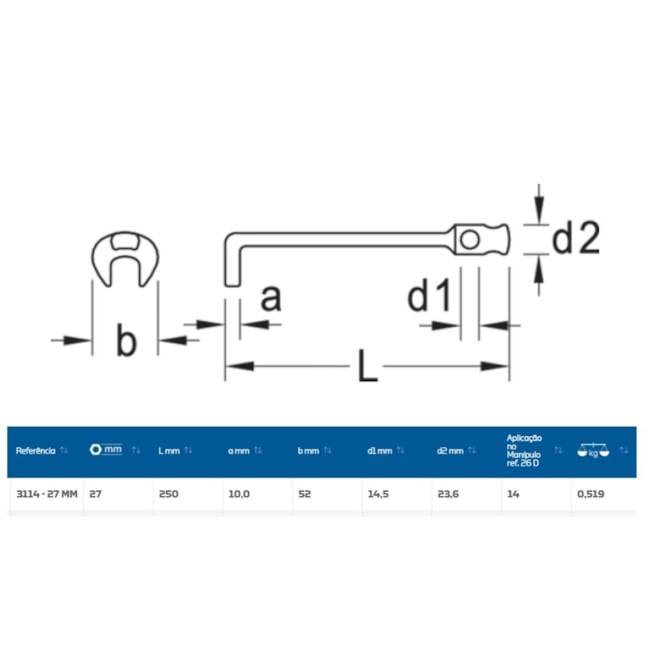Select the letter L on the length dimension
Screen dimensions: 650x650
coord(367,368)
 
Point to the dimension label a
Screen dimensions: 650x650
coord(270,297)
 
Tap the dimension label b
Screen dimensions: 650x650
coord(125,342)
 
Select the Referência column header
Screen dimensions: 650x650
coord(37,451)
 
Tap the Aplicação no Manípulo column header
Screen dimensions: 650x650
coord(524,450)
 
